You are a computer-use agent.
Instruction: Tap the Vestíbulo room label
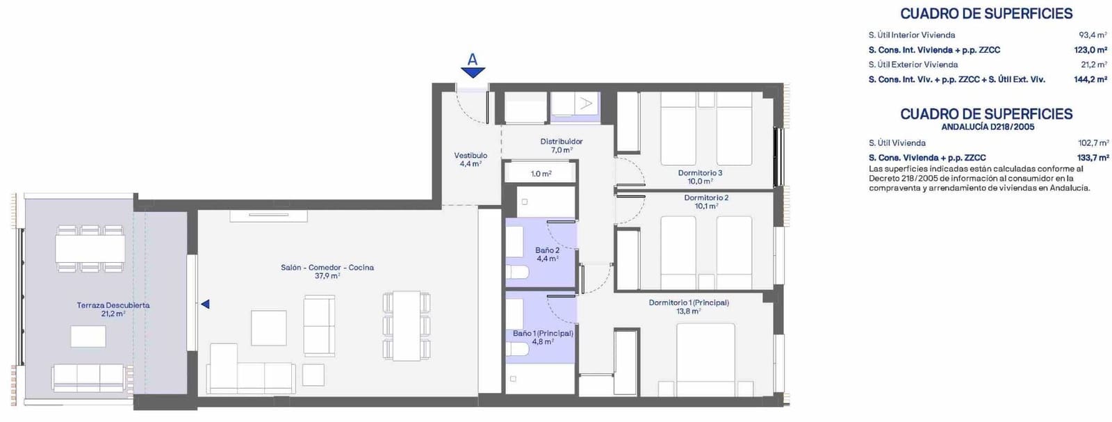click(471, 159)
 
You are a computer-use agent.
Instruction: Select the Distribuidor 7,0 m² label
click(562, 145)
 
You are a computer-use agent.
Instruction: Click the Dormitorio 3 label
click(700, 177)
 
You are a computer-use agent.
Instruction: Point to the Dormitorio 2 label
click(706, 202)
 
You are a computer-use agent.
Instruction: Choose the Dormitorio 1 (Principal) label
click(689, 307)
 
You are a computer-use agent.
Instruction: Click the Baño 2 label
click(547, 254)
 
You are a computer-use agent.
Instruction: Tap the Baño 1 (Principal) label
click(543, 337)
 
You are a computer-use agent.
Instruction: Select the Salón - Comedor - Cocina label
click(327, 271)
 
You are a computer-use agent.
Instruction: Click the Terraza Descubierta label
click(113, 309)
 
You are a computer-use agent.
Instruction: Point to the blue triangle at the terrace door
click(205, 304)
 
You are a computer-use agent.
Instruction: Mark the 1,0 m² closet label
click(541, 174)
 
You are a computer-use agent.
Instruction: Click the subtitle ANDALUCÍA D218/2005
click(988, 127)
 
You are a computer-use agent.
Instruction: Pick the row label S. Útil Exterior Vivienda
click(913, 65)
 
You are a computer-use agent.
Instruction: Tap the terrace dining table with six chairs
click(90, 248)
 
